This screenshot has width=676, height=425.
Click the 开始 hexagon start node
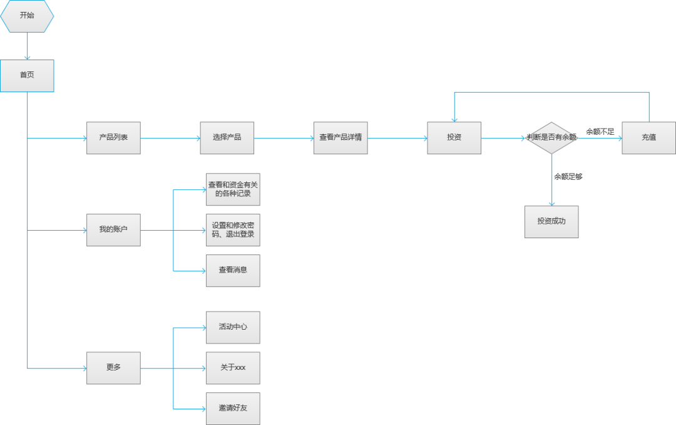[x=27, y=16]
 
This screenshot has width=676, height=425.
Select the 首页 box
[x=27, y=75]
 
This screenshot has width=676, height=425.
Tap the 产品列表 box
[x=113, y=137]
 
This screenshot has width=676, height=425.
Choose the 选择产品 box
[x=227, y=137]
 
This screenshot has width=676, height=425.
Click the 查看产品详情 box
[x=341, y=137]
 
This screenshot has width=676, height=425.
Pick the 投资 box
[x=454, y=137]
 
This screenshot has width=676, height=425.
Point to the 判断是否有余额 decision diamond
[x=551, y=137]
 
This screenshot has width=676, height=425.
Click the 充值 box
[x=648, y=137]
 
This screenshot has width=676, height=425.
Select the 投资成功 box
[x=551, y=221]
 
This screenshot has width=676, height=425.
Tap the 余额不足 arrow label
[x=600, y=132]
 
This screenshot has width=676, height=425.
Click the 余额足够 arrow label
[x=568, y=177]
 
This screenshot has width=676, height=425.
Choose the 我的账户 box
[x=113, y=229]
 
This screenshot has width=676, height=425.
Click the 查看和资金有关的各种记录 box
[x=233, y=189]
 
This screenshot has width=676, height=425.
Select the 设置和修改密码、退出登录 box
[x=233, y=229]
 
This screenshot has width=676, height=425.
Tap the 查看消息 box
[x=233, y=270]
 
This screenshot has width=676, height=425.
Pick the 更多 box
[x=113, y=367]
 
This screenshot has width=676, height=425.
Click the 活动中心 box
[x=233, y=327]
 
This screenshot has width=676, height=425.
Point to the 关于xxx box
[x=233, y=367]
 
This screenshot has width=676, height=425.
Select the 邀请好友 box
[x=233, y=408]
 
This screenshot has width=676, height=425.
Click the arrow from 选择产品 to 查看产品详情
[x=284, y=138]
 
